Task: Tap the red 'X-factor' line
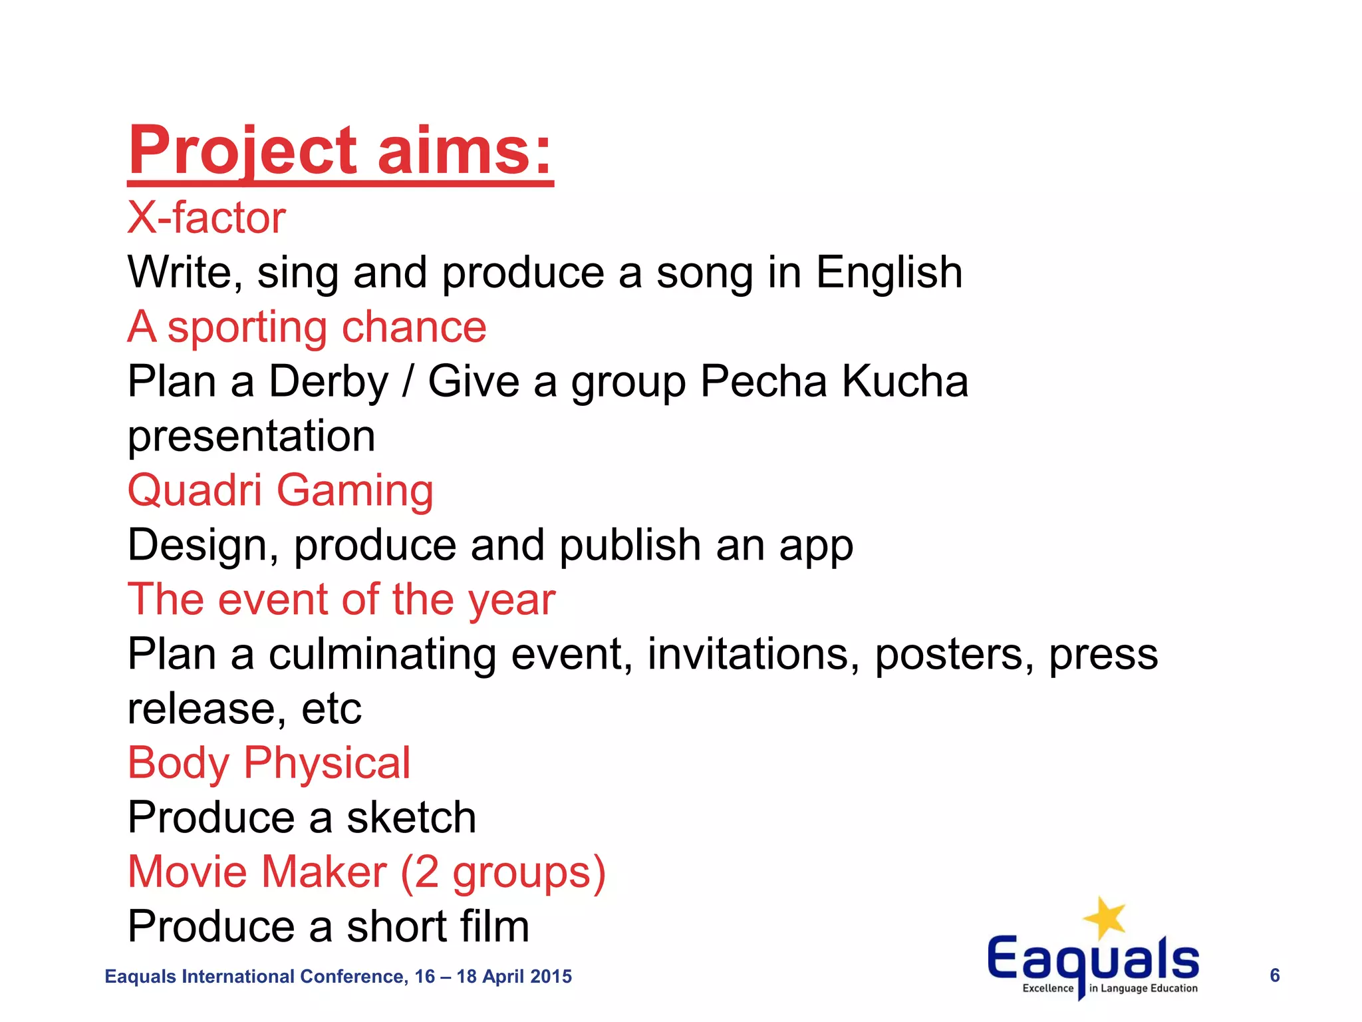(x=206, y=218)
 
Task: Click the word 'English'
(x=889, y=273)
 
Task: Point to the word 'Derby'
(x=328, y=382)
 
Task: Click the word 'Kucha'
(x=905, y=382)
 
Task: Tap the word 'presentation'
(x=251, y=436)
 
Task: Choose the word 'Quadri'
(x=195, y=490)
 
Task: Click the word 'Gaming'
(x=355, y=492)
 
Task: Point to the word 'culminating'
(x=382, y=655)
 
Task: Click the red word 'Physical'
(x=327, y=764)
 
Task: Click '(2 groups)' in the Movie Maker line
(x=503, y=872)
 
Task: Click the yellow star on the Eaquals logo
(x=1105, y=918)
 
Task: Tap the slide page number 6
(x=1274, y=975)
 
